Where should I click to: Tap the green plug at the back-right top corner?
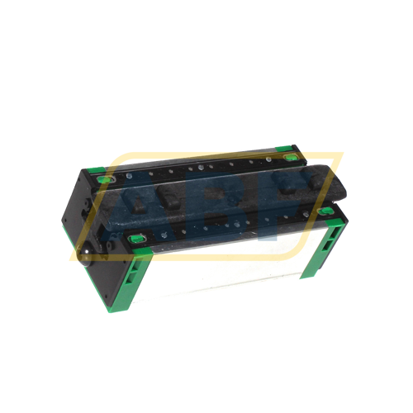pos(289,156)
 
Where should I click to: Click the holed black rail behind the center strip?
pos(198,167)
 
